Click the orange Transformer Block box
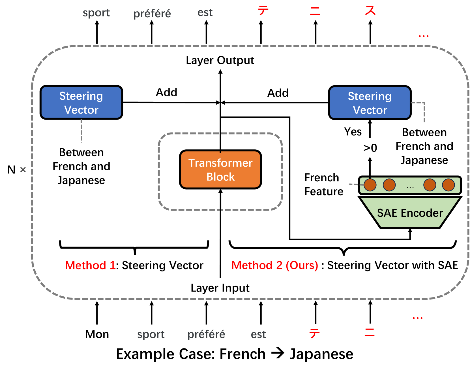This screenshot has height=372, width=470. tap(220, 169)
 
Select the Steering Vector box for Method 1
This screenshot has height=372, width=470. tap(81, 103)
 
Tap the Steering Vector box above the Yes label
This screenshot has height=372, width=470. tap(370, 103)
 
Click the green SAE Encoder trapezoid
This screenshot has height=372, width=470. tap(410, 212)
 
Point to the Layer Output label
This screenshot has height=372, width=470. tap(220, 61)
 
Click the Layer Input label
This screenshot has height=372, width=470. tap(220, 288)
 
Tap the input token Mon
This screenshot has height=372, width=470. tap(97, 334)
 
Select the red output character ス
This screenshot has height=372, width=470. tap(370, 10)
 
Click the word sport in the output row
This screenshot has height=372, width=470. tap(96, 13)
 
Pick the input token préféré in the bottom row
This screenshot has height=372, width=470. tap(206, 335)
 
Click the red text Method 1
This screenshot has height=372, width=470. tap(90, 265)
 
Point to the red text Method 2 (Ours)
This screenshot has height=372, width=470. tap(275, 265)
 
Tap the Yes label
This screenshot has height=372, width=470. tap(353, 132)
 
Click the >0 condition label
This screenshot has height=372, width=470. tap(370, 148)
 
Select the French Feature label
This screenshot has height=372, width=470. tap(324, 184)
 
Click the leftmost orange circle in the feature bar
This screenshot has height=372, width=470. tap(370, 185)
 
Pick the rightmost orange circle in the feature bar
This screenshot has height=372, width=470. tap(448, 185)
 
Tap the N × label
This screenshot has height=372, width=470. tap(17, 170)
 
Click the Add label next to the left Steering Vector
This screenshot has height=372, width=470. tap(166, 92)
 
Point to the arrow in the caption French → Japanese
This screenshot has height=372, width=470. tap(278, 353)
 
